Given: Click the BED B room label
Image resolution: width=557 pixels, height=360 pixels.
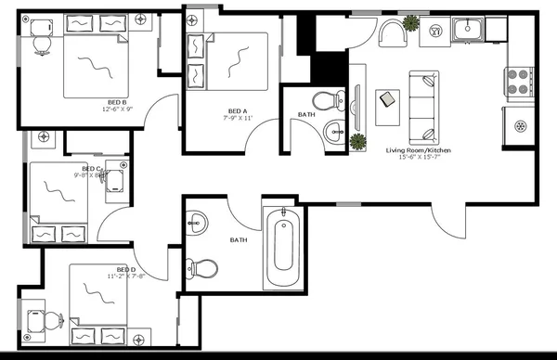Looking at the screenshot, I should (x=117, y=102).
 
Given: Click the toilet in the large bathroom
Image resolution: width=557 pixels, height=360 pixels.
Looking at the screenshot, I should (x=205, y=269).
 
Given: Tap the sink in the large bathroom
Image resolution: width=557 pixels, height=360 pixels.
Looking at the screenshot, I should (x=197, y=222).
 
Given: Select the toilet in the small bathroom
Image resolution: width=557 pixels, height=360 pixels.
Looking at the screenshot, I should (x=324, y=100).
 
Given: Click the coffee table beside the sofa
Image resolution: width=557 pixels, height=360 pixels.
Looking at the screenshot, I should (x=387, y=100).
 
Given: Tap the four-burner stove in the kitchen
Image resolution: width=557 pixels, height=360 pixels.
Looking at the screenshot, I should (x=518, y=82).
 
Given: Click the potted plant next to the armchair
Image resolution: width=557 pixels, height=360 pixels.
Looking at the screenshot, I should (x=434, y=29).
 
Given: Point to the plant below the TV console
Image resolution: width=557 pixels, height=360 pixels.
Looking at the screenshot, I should (x=356, y=141).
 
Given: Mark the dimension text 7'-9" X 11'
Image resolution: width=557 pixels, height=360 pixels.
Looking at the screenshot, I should (x=238, y=119).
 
